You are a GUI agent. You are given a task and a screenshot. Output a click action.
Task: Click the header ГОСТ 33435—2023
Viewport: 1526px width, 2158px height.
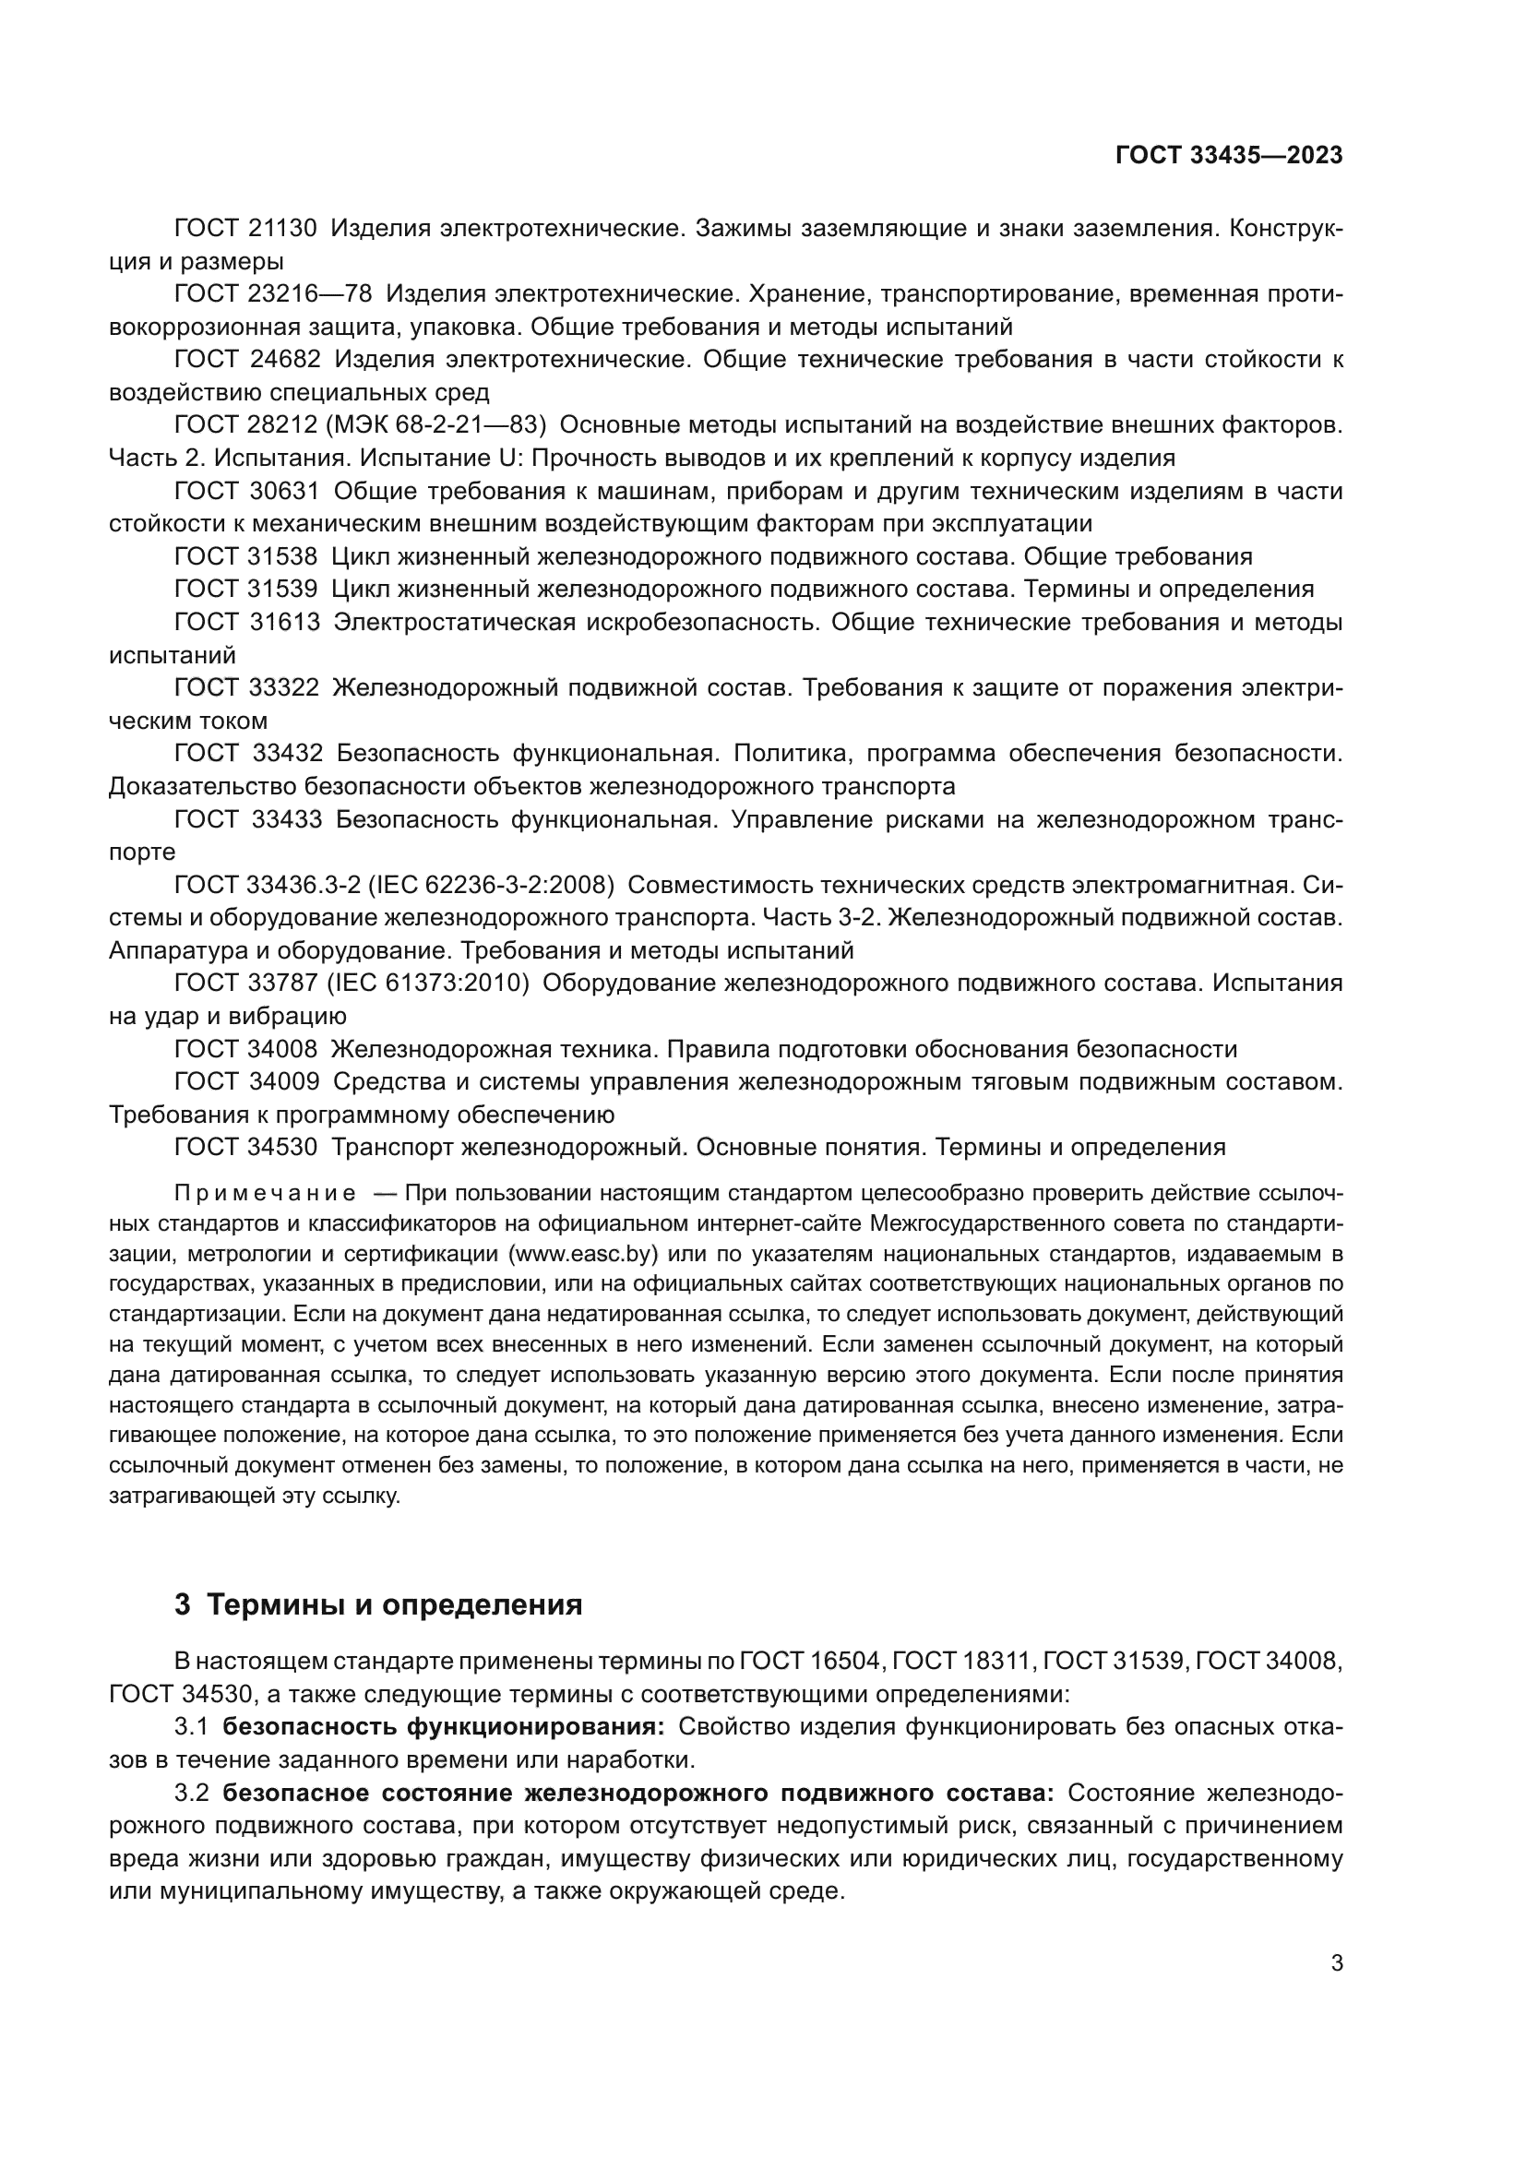[x=1229, y=156]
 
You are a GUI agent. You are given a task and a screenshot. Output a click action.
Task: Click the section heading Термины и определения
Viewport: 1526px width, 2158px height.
[x=395, y=1604]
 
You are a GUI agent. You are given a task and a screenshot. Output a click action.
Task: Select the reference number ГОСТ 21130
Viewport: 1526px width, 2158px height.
[x=246, y=229]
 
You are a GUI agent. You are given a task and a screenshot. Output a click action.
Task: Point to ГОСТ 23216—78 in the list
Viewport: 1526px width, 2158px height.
[x=273, y=294]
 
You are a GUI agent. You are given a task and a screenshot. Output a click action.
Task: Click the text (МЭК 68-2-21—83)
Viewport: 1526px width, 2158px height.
[x=436, y=424]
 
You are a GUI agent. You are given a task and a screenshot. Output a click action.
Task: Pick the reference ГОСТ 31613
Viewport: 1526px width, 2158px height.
[x=247, y=622]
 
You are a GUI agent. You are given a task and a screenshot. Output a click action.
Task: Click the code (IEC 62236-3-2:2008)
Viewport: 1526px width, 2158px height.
[x=493, y=885]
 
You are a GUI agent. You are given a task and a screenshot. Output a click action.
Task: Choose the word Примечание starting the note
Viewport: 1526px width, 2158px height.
[x=265, y=1194]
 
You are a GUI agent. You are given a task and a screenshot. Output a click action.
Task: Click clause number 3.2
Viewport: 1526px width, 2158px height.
[x=191, y=1793]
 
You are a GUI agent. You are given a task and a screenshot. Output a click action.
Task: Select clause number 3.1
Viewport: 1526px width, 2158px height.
[x=191, y=1726]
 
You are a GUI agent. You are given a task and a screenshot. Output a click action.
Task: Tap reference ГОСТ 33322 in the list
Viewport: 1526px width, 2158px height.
[x=247, y=688]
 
